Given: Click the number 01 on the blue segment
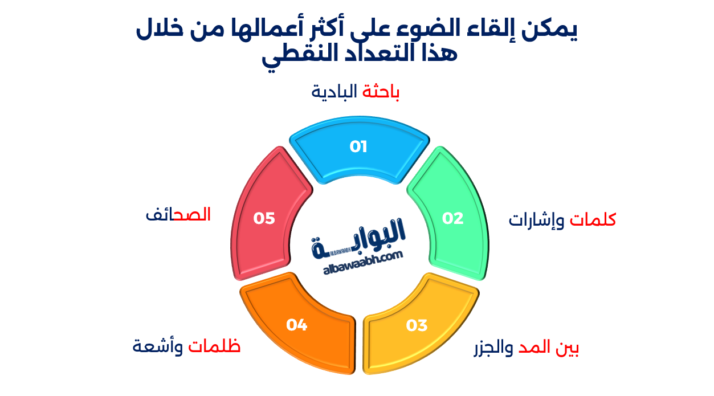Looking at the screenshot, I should (x=358, y=147).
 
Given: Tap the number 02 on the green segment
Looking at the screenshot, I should (x=453, y=218).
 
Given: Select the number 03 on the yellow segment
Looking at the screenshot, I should (x=417, y=325).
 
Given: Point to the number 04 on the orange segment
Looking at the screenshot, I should (x=297, y=325).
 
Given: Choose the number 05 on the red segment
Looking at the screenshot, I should (x=264, y=218).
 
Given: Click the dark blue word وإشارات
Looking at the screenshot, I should (x=536, y=220).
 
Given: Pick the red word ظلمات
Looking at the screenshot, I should (x=215, y=346).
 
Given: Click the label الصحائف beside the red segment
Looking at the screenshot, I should (x=178, y=215).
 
